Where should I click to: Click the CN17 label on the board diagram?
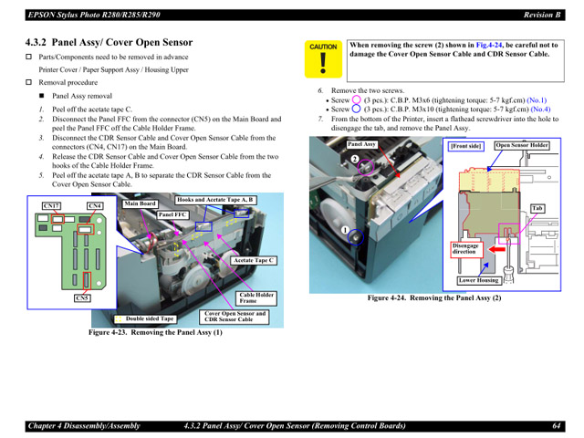click(x=51, y=206)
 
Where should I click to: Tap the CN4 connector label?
click(x=95, y=206)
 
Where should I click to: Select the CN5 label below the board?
click(x=82, y=297)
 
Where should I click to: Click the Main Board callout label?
click(x=141, y=203)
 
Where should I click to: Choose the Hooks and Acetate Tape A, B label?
click(x=215, y=199)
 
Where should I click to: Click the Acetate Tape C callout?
click(x=255, y=261)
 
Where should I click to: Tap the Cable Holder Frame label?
click(x=256, y=297)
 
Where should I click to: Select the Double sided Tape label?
click(x=150, y=318)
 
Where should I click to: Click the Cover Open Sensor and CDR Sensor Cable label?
click(x=235, y=316)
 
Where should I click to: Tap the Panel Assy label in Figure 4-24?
click(x=361, y=144)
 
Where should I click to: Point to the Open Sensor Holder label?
click(x=522, y=145)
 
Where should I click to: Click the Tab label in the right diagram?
click(x=537, y=208)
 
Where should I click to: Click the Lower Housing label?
click(x=478, y=280)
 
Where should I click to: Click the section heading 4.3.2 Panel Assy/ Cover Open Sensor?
click(x=109, y=42)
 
